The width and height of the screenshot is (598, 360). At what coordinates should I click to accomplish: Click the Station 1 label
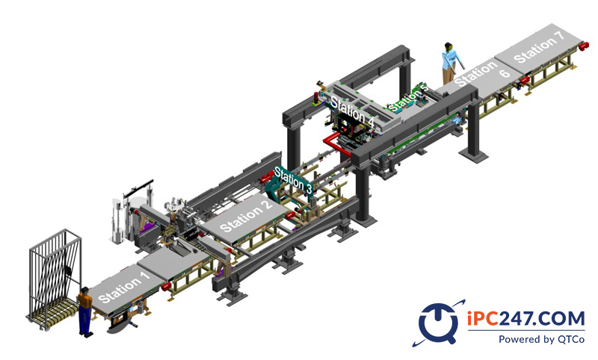[x=125, y=286]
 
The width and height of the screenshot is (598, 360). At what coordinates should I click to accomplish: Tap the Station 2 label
[x=246, y=216]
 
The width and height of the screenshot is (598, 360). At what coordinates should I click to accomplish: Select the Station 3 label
[x=293, y=180]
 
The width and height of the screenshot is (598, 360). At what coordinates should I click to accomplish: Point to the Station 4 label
[x=352, y=111]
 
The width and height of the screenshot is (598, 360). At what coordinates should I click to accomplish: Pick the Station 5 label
[x=407, y=98]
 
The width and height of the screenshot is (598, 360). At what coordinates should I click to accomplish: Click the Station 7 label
[x=538, y=47]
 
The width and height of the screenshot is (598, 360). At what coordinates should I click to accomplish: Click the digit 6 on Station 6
[x=505, y=72]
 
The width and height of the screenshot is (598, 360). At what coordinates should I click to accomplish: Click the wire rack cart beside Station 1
[x=54, y=279]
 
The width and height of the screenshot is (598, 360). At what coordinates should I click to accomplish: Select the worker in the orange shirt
[x=85, y=311]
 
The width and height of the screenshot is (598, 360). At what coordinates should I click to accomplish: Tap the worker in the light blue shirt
[x=451, y=63]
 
